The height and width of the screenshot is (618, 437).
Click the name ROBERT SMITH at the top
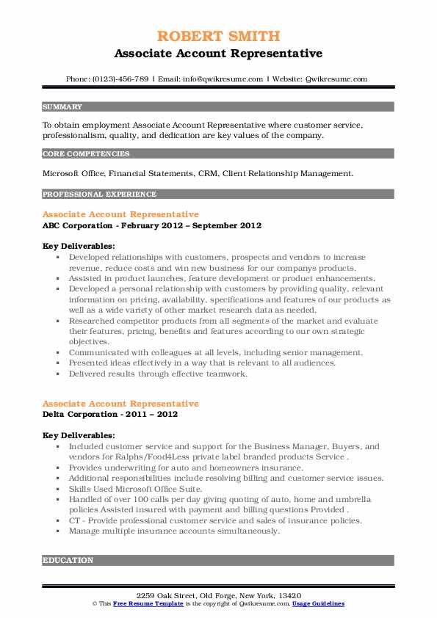tap(218, 36)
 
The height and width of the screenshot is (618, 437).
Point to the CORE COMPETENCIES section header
tap(86, 154)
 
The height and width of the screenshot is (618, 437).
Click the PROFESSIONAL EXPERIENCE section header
tap(99, 195)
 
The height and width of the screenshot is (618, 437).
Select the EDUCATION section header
tap(68, 560)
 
